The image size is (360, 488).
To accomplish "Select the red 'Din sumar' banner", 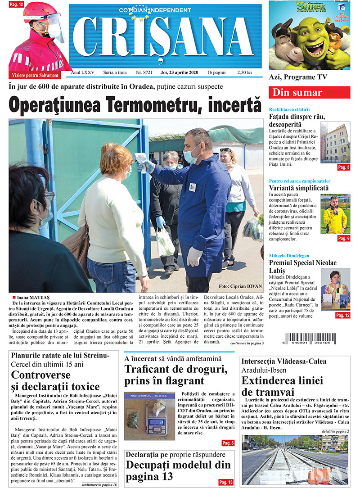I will coord(309,93).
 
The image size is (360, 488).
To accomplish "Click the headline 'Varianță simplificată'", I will coord(299,188).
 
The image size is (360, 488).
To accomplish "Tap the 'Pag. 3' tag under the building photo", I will coord(343,167).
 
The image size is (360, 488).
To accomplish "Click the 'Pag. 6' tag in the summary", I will coord(343,238).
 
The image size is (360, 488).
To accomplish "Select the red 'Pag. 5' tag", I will coord(228,443).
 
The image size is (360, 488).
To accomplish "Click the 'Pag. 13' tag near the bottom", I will coord(226,482).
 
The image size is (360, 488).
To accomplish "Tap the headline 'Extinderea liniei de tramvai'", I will coord(282,386).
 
